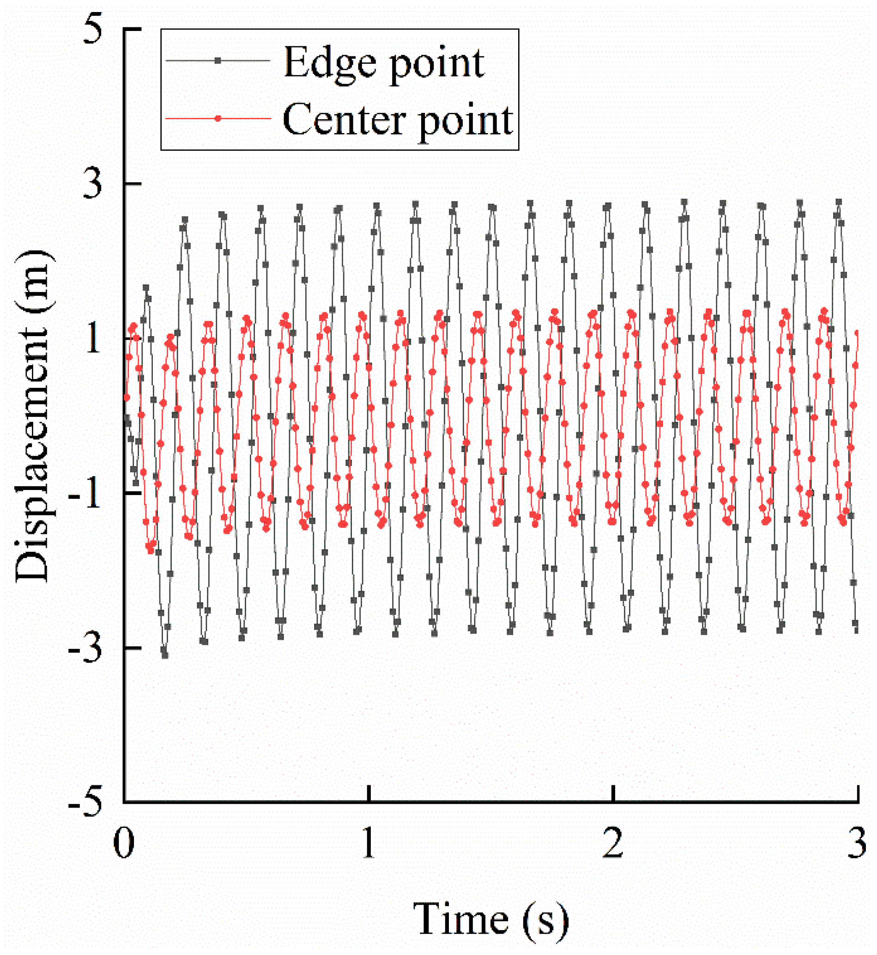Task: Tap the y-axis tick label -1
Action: pyautogui.click(x=86, y=494)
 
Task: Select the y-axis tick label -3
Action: pyautogui.click(x=86, y=649)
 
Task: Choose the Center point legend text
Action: pyautogui.click(x=398, y=120)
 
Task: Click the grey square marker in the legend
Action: pyautogui.click(x=218, y=60)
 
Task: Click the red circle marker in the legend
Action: pyautogui.click(x=218, y=118)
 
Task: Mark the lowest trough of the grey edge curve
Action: pyautogui.click(x=165, y=656)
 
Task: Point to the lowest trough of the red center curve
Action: pyautogui.click(x=151, y=551)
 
